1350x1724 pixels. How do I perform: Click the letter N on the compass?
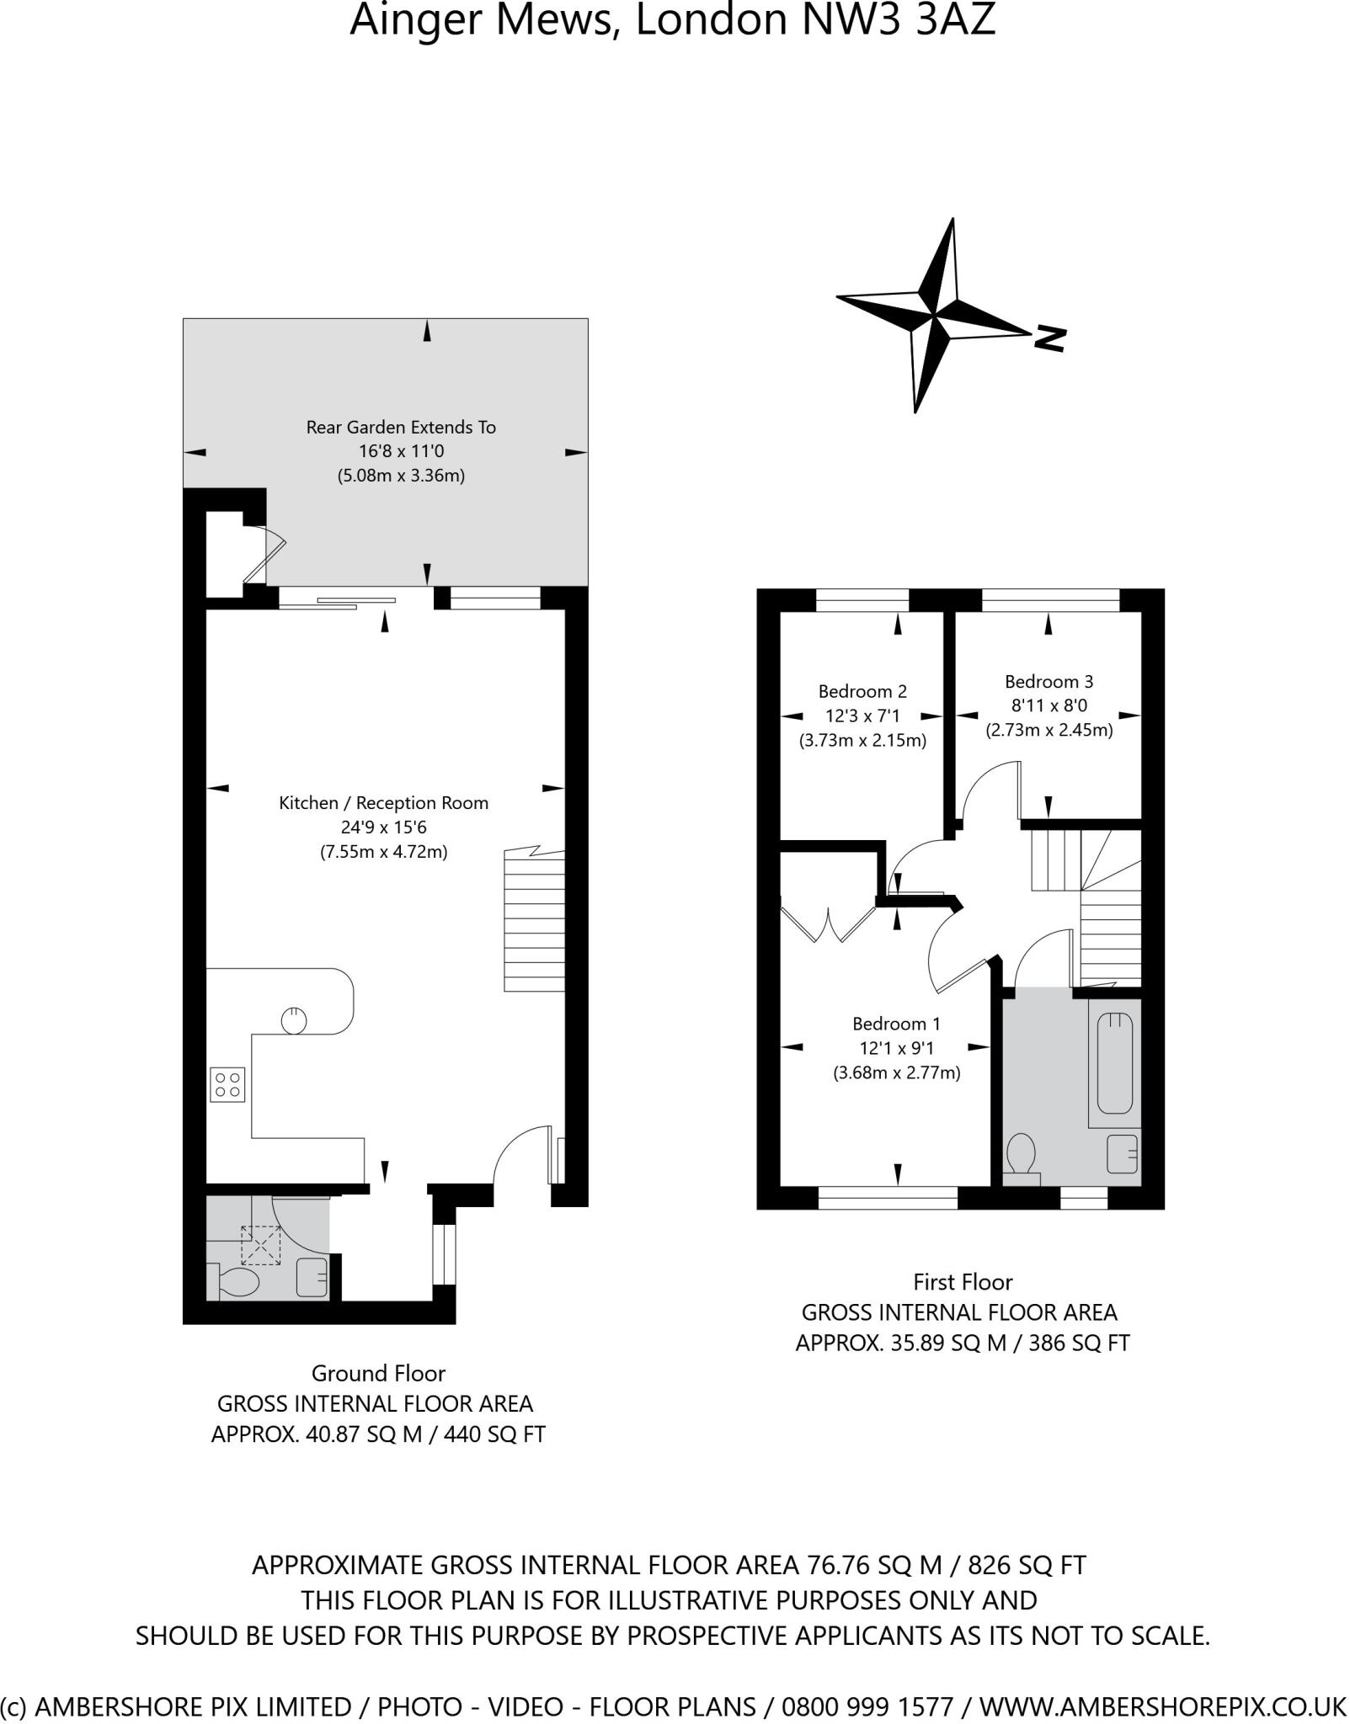coord(1050,338)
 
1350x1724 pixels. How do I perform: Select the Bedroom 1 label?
coord(896,1024)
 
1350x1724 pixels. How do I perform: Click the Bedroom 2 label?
coord(862,691)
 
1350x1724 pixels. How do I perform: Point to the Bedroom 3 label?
coord(1049,681)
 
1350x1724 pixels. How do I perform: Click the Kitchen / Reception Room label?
coord(383,802)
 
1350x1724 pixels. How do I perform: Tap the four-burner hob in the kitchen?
coord(227,1084)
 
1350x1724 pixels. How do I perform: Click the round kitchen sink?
coord(294,1019)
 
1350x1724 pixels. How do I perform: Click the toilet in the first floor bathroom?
coord(1022,1158)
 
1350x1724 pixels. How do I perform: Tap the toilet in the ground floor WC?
coord(238,1283)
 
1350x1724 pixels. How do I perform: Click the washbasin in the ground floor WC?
coord(312,1277)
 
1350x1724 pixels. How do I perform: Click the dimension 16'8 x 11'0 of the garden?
coord(401,451)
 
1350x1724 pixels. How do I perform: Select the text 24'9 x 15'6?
coord(383,827)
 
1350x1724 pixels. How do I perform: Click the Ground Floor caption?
coord(378,1373)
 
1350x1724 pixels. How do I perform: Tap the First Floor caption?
coord(963,1282)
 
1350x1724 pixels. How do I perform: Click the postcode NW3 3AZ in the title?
coord(899,20)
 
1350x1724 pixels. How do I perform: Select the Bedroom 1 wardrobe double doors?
coord(829,923)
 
